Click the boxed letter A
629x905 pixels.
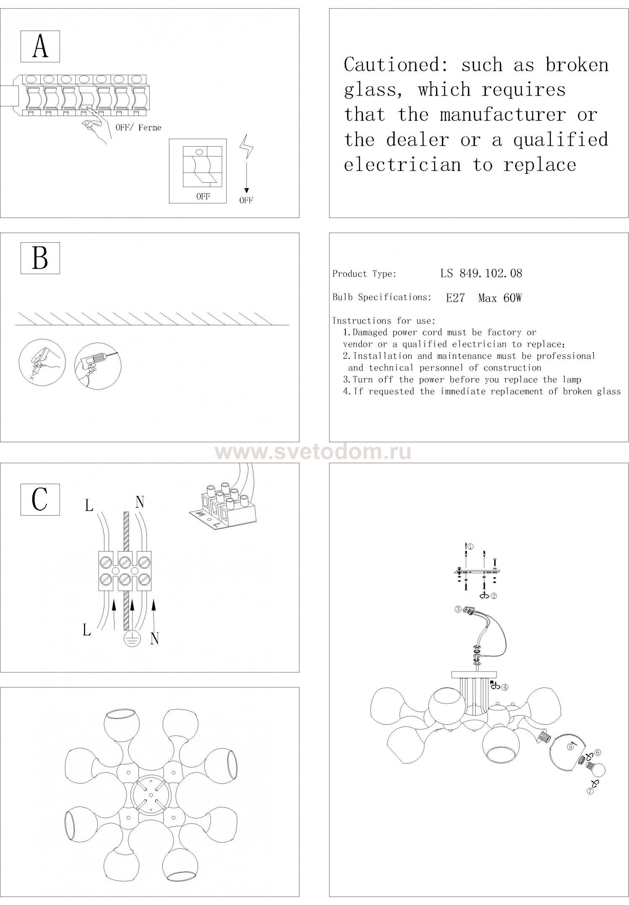coord(40,47)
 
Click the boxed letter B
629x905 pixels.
coord(40,258)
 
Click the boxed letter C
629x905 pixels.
coord(40,499)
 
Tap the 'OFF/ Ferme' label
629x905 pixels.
coord(138,127)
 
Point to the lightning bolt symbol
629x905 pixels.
coord(246,147)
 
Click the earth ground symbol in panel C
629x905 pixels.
coord(130,639)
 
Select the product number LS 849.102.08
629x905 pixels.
coord(481,274)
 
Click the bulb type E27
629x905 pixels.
coord(455,298)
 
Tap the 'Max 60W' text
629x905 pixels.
coord(499,298)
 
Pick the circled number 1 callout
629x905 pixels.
coord(470,547)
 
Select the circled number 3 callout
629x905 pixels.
coord(458,609)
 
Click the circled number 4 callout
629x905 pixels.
coord(505,687)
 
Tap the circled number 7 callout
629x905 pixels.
coord(590,791)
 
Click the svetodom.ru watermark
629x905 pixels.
coord(313,453)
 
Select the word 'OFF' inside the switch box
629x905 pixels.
coord(203,196)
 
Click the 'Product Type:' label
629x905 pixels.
coord(364,274)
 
